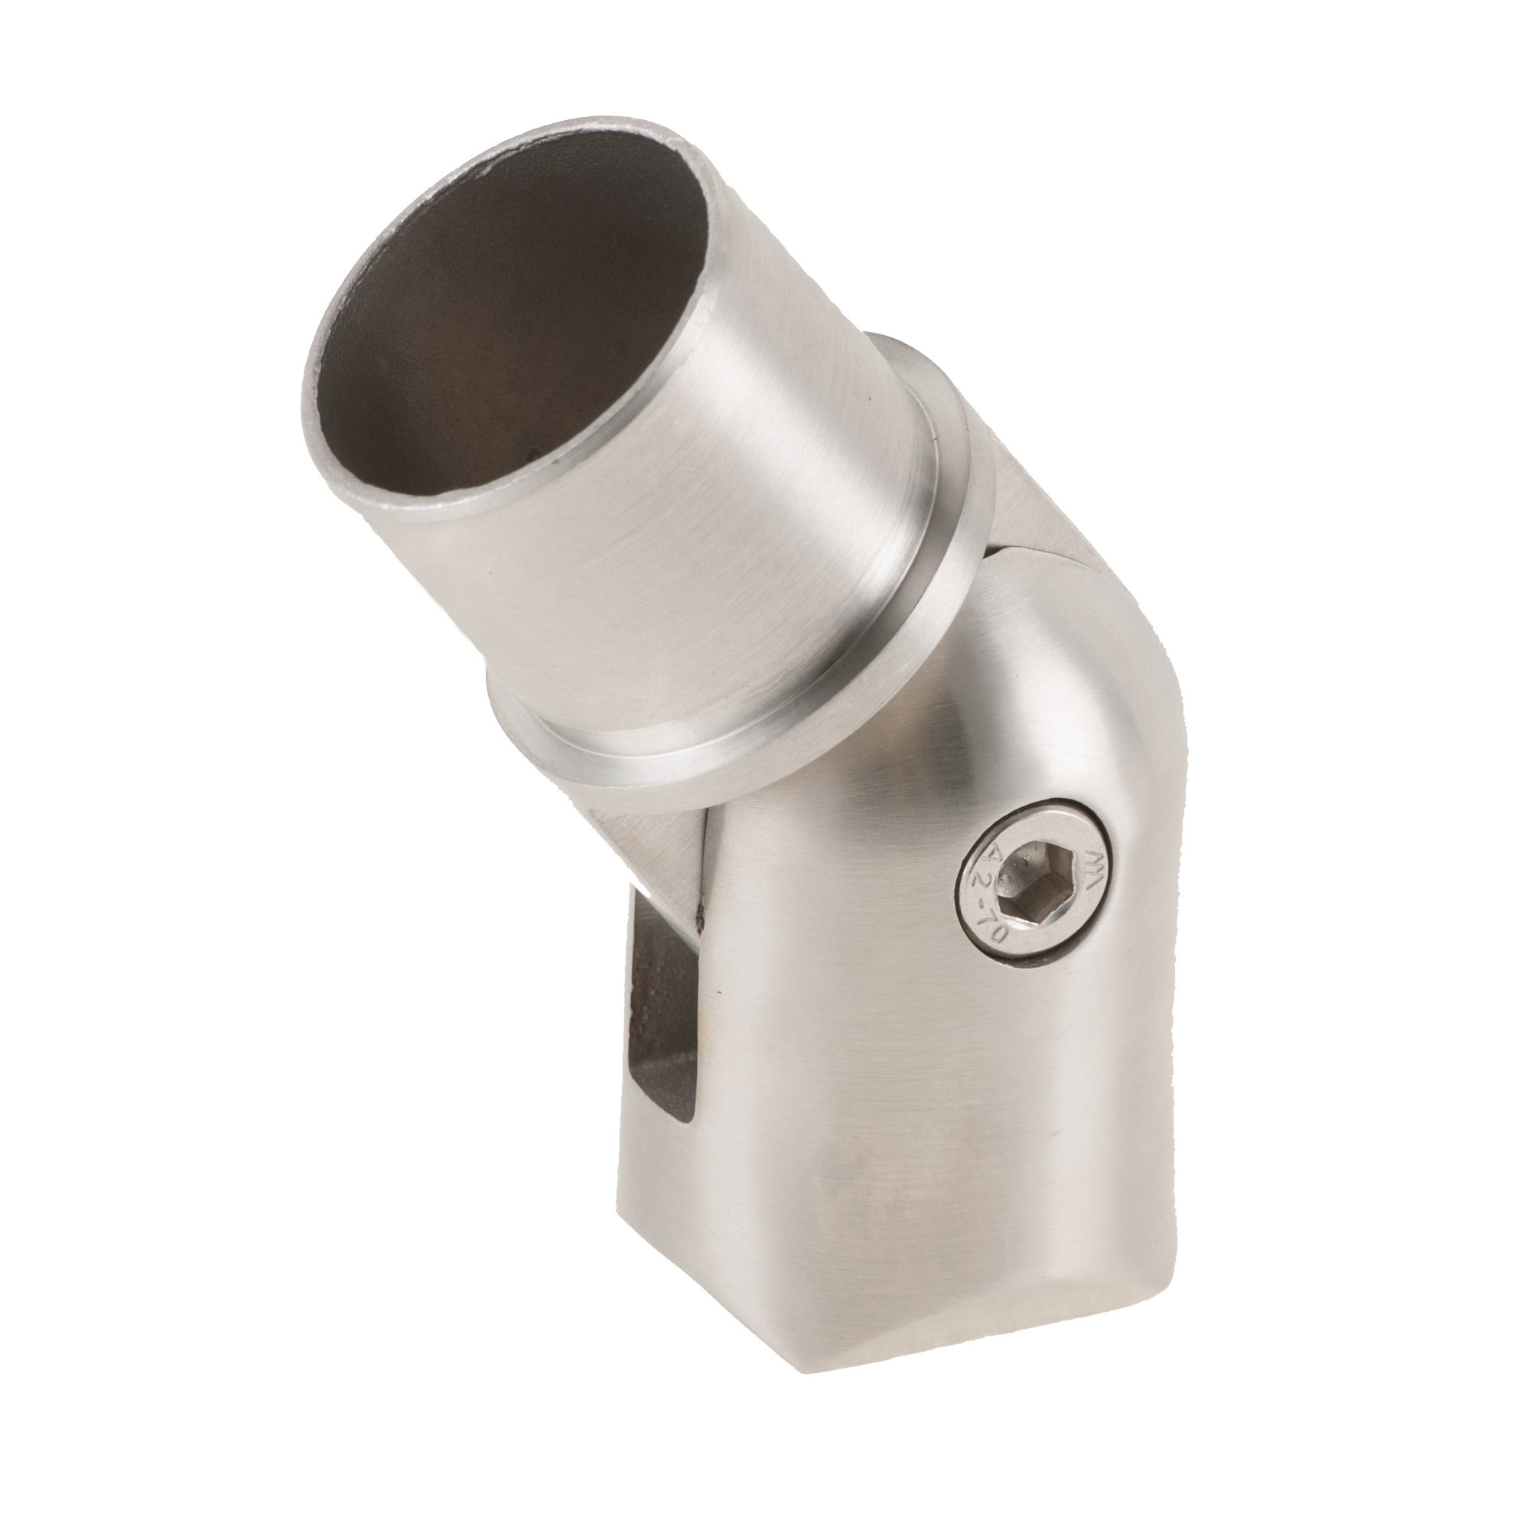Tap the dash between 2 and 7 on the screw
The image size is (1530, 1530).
coord(982,904)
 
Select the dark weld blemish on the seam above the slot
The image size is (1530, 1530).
coord(701,919)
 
